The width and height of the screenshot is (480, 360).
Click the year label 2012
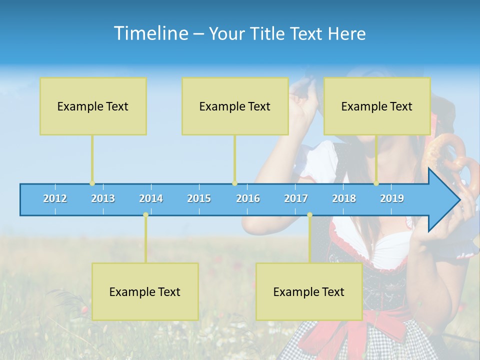(x=55, y=198)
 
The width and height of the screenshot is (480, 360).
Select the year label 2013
(x=103, y=198)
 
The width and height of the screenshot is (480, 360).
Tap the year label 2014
(x=151, y=198)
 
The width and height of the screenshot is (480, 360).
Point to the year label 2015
(x=199, y=198)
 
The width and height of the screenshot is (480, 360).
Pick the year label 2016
(x=248, y=198)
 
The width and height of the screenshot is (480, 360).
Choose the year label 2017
(x=296, y=198)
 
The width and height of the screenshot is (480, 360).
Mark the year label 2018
(x=344, y=198)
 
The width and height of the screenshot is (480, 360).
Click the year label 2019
(x=392, y=198)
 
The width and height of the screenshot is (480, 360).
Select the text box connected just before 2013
(x=93, y=106)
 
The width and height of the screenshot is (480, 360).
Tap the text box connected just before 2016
(x=235, y=106)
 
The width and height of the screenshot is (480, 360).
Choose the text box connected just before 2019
(x=377, y=106)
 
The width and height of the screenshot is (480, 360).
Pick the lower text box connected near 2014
(x=145, y=291)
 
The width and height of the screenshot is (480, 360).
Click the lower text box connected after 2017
(x=309, y=291)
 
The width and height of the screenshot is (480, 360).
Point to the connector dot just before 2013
(x=92, y=183)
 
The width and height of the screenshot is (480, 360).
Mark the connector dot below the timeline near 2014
(x=145, y=215)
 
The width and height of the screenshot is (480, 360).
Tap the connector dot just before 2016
(x=234, y=183)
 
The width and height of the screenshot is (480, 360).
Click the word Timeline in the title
(x=150, y=33)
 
